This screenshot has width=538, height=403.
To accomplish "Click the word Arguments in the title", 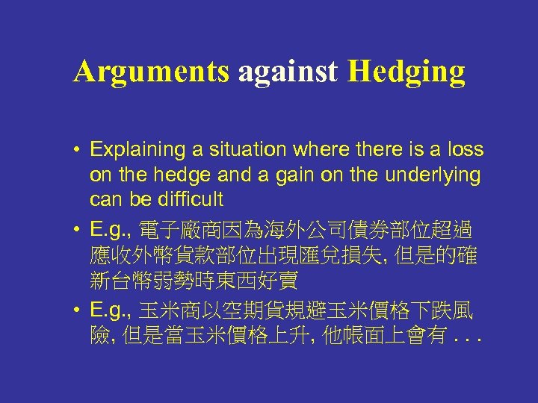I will tap(151, 72).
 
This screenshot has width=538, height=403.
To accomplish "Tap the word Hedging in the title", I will tap(406, 72).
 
